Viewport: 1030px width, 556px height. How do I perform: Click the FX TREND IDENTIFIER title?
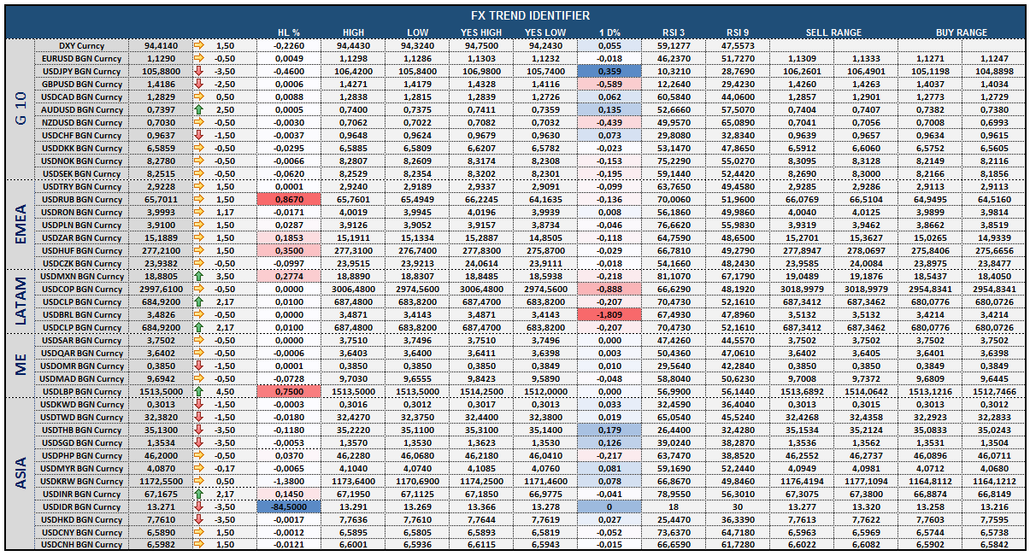(530, 15)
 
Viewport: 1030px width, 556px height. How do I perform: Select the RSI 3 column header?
(674, 32)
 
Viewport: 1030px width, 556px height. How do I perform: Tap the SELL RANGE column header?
(833, 32)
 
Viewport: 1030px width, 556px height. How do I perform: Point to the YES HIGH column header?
(481, 32)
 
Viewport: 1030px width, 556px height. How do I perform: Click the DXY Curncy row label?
(81, 46)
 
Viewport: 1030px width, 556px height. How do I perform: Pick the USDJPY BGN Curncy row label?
(81, 71)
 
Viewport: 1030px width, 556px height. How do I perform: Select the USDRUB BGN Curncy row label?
(81, 199)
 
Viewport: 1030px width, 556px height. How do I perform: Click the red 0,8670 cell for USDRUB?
(289, 199)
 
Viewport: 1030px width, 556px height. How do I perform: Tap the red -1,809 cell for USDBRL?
(609, 315)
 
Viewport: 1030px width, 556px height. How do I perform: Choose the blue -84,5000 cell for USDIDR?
(289, 506)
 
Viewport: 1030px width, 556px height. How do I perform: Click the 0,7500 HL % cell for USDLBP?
(289, 391)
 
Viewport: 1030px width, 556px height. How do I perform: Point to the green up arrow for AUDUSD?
(198, 109)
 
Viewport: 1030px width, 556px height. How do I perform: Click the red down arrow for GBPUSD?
(198, 84)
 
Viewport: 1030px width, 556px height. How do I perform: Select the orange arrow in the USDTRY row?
(198, 186)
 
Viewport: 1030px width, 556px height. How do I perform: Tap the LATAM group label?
(21, 301)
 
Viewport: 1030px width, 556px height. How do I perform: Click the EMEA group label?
(21, 225)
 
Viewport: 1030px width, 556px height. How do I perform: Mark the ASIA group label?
(21, 473)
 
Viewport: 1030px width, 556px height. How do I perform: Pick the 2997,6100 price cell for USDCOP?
(161, 289)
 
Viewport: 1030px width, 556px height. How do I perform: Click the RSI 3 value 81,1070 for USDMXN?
(674, 276)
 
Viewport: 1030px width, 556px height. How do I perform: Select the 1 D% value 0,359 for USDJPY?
(609, 71)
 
